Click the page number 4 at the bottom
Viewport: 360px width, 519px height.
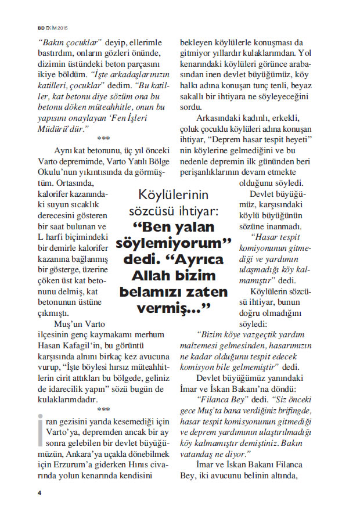[39, 493]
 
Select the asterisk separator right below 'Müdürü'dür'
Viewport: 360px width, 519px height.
[103, 139]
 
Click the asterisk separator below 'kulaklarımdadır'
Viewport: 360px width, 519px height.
[103, 410]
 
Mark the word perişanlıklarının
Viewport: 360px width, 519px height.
[217, 173]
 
